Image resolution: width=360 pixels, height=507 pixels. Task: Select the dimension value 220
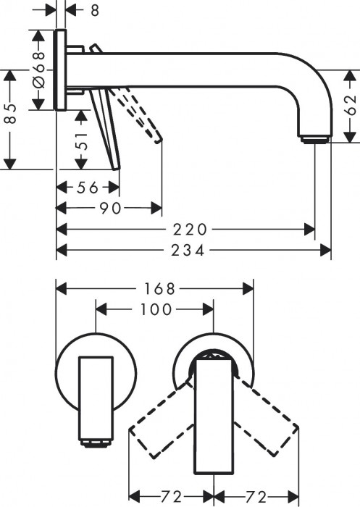[191, 230]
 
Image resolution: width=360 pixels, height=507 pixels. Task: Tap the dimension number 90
[110, 209]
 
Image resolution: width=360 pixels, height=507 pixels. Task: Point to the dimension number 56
[87, 188]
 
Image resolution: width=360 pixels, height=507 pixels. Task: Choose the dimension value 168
[159, 288]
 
